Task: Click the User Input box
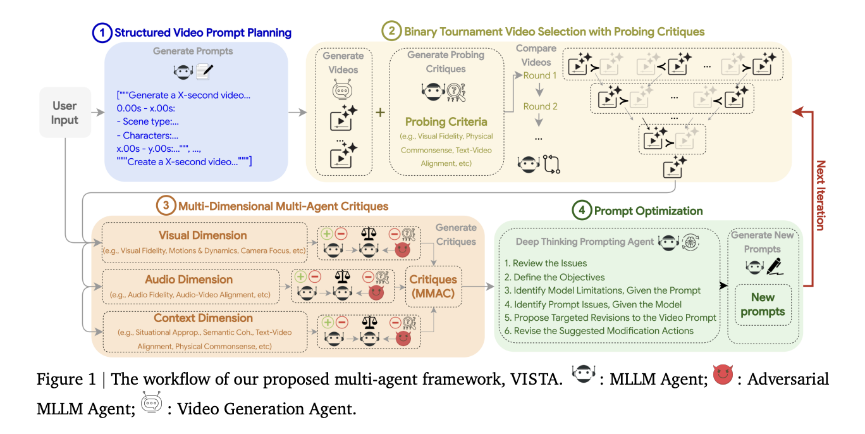[65, 113]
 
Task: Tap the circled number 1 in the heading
[102, 33]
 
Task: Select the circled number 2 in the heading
[391, 31]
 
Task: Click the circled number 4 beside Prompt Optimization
[581, 211]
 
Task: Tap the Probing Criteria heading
[446, 122]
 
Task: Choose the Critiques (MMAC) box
[433, 287]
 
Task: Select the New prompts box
[763, 304]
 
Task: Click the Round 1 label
[540, 75]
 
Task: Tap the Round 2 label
[540, 106]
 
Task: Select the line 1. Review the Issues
[546, 263]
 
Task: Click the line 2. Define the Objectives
[555, 276]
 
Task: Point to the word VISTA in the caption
[533, 380]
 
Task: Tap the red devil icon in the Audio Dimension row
[377, 294]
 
